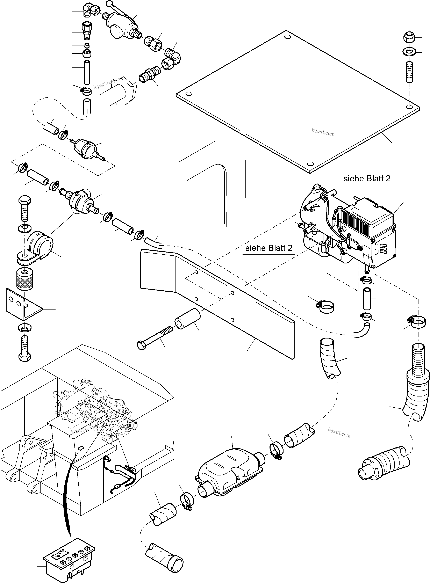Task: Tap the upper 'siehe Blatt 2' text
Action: [x=367, y=178]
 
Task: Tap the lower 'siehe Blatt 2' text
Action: [x=269, y=248]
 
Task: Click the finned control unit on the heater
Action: [x=364, y=219]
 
